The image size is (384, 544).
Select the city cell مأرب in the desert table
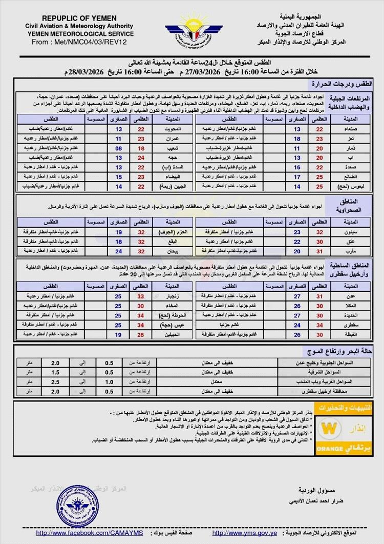point(349,251)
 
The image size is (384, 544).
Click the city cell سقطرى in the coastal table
point(349,325)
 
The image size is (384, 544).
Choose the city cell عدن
point(349,296)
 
